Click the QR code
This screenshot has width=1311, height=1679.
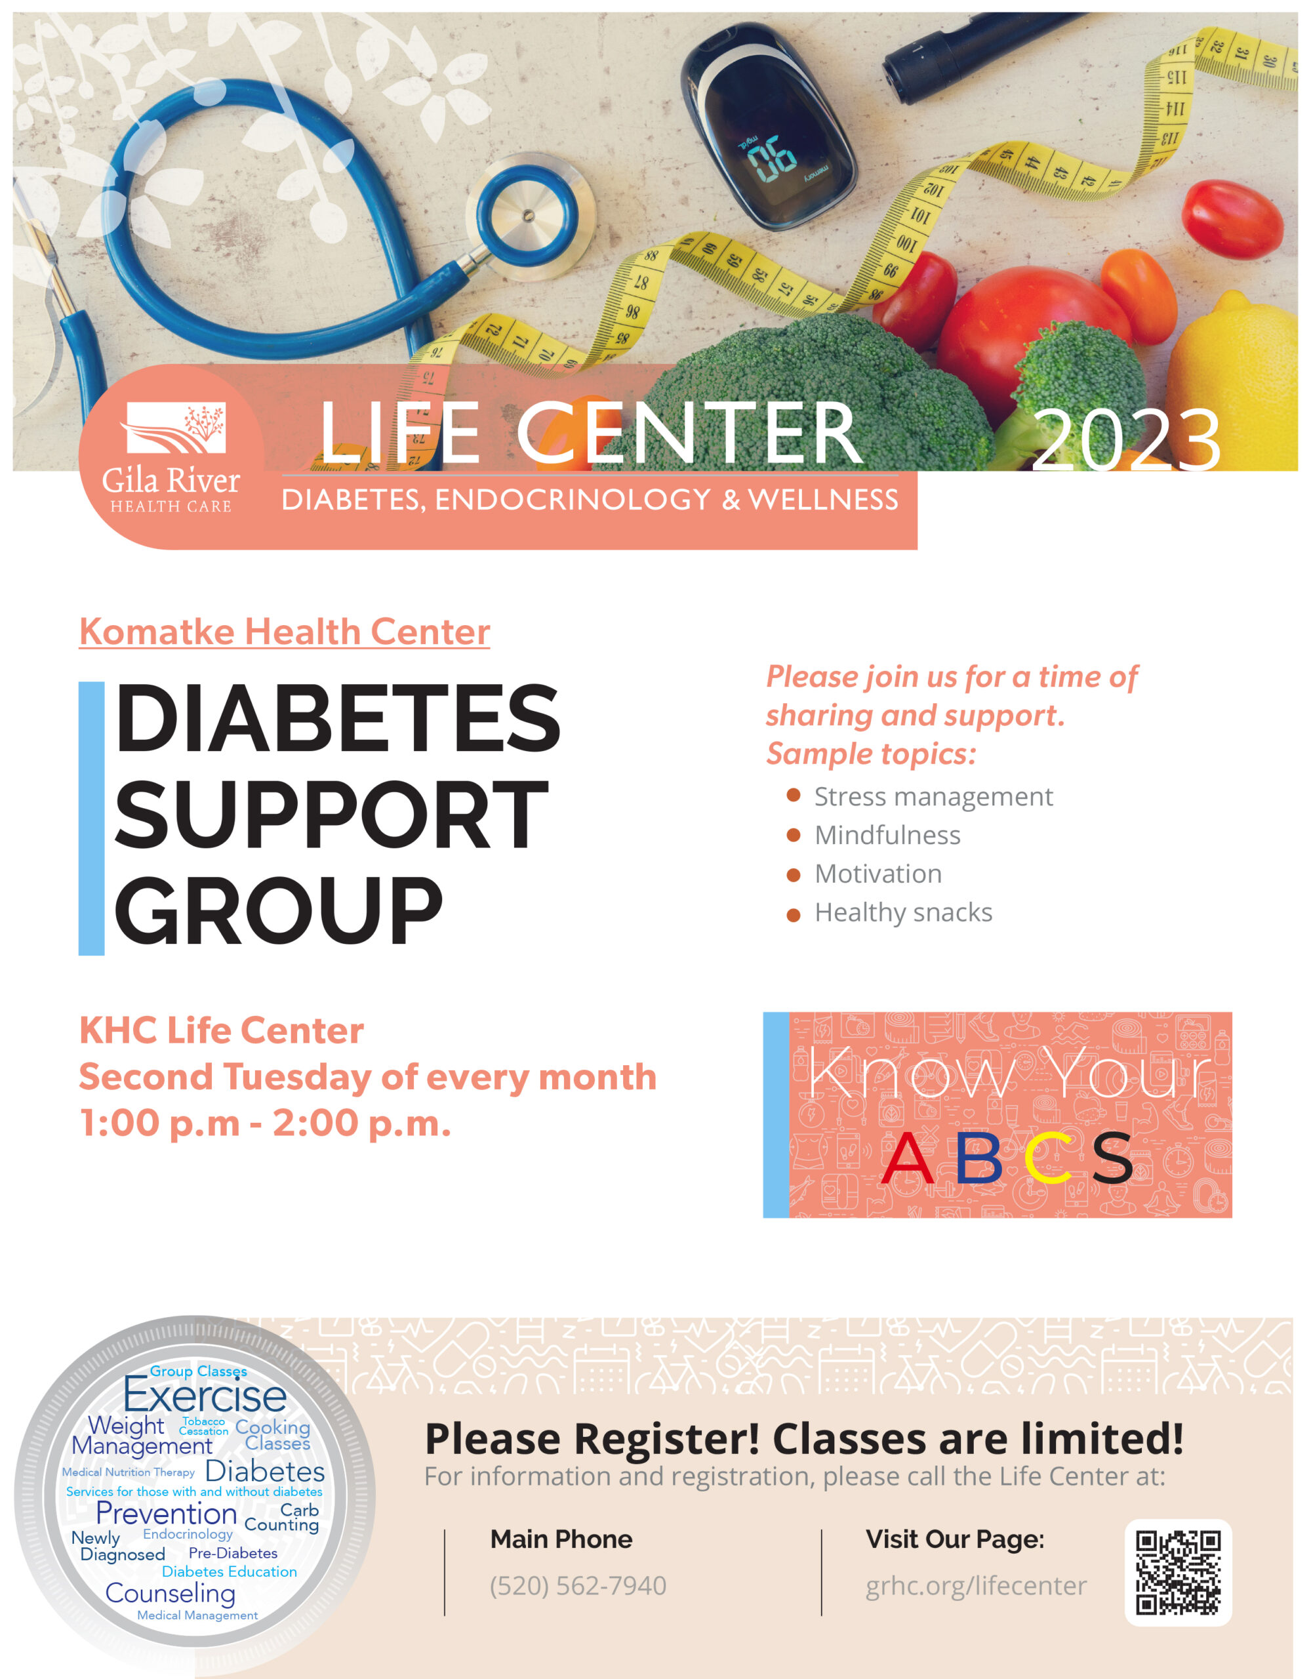(x=1178, y=1573)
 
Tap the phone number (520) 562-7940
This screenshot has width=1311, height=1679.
(x=578, y=1586)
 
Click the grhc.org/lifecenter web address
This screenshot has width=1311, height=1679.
(x=976, y=1586)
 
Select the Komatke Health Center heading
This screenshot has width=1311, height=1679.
(x=285, y=632)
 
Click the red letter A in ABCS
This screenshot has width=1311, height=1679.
(x=907, y=1158)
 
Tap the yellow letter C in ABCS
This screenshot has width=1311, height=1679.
(x=1048, y=1158)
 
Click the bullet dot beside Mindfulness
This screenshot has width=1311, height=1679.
(x=794, y=835)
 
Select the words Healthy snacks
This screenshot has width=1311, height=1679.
(x=904, y=912)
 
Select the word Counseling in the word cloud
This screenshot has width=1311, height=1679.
(x=171, y=1594)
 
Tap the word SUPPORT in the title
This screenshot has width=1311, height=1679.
(x=332, y=815)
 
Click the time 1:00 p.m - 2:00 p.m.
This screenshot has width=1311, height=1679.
(x=265, y=1123)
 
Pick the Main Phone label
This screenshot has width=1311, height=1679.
(x=561, y=1539)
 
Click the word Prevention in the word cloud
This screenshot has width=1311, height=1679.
(x=166, y=1514)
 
